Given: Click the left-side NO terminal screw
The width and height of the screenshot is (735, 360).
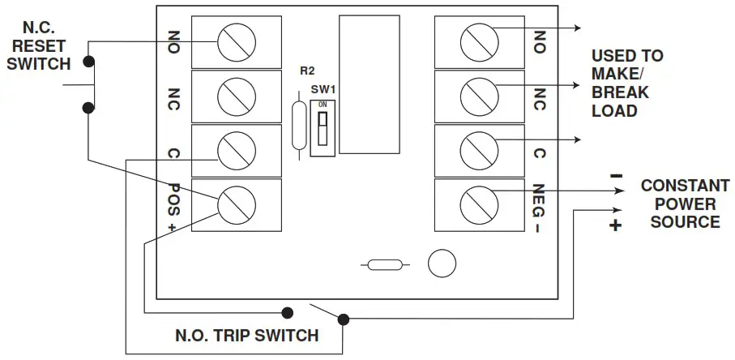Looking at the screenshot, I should (x=237, y=40).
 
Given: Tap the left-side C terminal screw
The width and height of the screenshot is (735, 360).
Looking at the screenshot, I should (x=237, y=149).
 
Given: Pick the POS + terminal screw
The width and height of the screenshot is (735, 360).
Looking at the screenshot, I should (x=237, y=203).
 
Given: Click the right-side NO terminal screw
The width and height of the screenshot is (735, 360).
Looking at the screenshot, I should (x=477, y=40).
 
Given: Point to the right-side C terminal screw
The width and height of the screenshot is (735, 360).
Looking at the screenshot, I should (x=477, y=149).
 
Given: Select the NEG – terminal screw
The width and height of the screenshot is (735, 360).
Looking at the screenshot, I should (x=477, y=203).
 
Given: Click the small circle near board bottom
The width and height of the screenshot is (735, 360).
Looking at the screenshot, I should (x=441, y=264).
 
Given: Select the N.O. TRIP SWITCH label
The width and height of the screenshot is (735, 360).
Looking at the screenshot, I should (x=246, y=335).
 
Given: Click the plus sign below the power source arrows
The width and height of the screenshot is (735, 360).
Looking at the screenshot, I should (x=615, y=226).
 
